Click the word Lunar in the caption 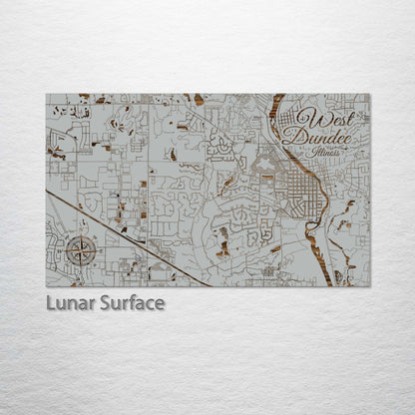(x=71, y=302)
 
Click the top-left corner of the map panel (x=46, y=95)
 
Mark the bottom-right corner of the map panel (x=370, y=286)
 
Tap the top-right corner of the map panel (x=370, y=95)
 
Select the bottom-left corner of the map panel (x=46, y=286)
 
